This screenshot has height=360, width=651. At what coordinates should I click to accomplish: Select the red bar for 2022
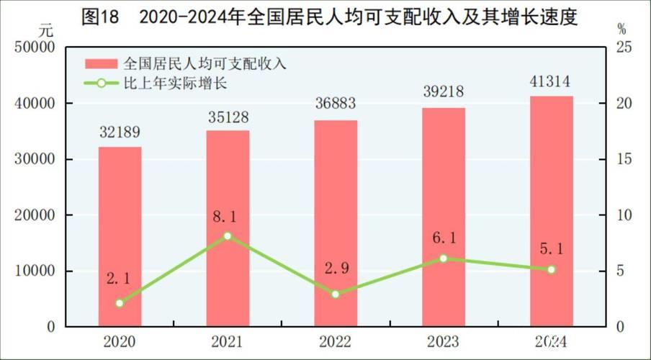[336, 223]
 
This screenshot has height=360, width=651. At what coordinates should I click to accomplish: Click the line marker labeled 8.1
[228, 236]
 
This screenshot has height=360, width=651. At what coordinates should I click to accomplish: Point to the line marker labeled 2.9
[336, 294]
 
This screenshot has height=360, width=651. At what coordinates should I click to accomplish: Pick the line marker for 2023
[444, 258]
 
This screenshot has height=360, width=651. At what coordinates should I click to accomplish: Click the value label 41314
[552, 81]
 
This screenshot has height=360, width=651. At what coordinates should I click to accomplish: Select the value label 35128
[228, 115]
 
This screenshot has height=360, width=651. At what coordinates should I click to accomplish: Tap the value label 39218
[444, 92]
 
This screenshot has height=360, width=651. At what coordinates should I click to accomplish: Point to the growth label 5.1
[552, 248]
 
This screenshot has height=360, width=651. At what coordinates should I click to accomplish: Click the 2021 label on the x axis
[228, 341]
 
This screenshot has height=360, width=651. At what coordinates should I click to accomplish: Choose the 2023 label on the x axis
[444, 341]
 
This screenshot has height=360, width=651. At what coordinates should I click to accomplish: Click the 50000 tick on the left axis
[35, 48]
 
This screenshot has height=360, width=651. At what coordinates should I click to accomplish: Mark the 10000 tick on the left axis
[35, 271]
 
